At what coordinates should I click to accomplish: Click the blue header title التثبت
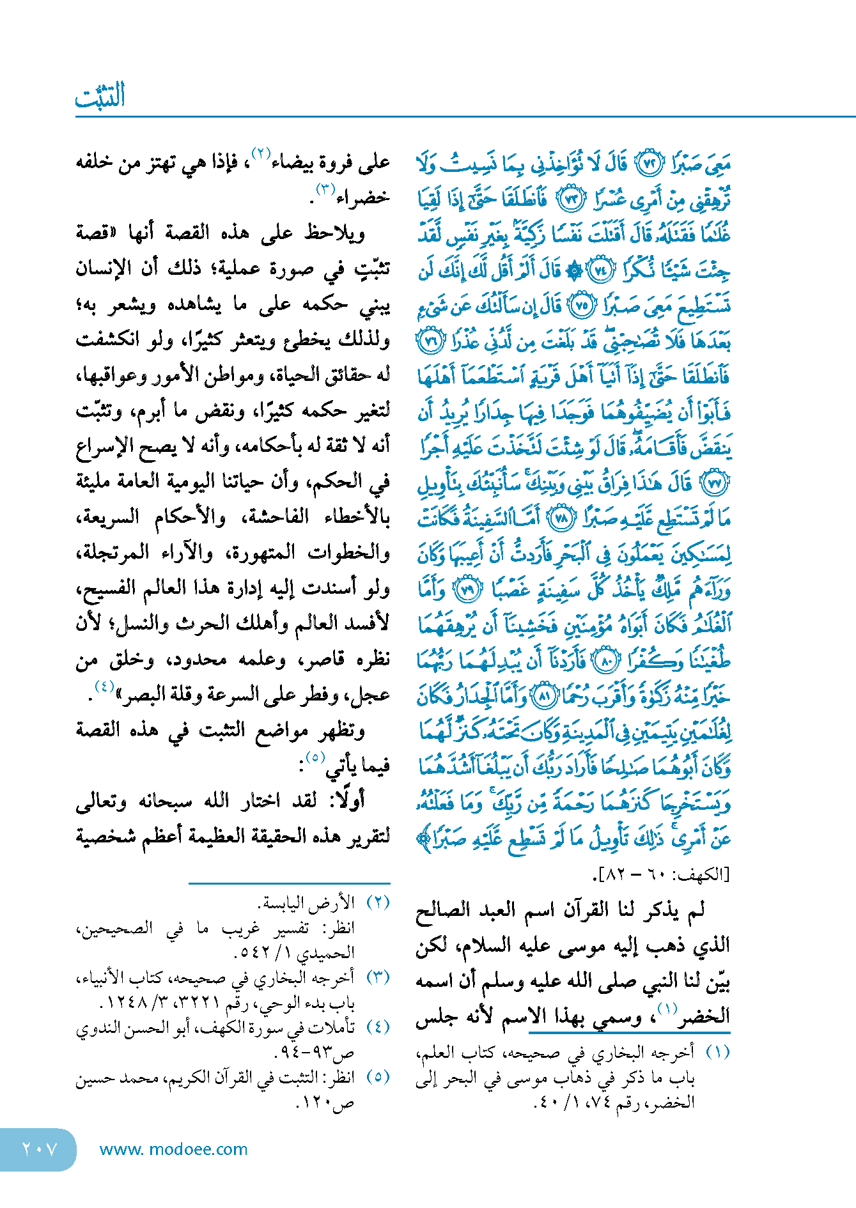(100, 97)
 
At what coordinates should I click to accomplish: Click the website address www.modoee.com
(173, 1149)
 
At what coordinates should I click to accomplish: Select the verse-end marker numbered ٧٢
(650, 164)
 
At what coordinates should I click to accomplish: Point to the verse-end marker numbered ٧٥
(581, 305)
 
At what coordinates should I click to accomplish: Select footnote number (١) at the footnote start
(717, 1053)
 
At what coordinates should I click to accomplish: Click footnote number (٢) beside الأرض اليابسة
(377, 903)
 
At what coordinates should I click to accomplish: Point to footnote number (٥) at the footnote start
(377, 1076)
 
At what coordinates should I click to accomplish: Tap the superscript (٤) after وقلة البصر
(104, 686)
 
